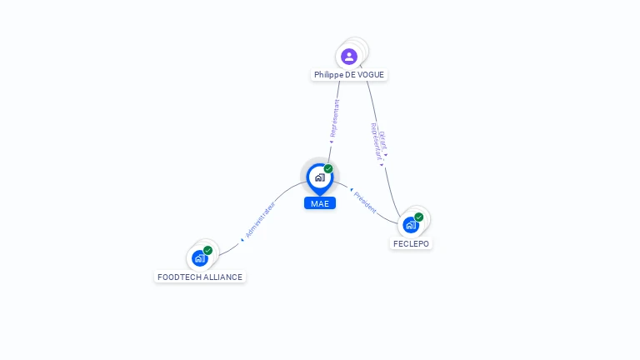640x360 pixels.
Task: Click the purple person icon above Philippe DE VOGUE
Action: [x=349, y=57]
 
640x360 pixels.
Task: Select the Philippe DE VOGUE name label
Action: [x=349, y=75]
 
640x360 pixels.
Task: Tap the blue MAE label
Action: [x=320, y=203]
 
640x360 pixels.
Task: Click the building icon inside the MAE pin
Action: [x=319, y=177]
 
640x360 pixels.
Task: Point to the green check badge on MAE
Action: [x=328, y=168]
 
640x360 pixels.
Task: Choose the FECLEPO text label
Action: [x=412, y=244]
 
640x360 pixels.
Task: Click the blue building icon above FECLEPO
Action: [x=410, y=225]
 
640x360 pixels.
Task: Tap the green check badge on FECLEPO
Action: [x=419, y=217]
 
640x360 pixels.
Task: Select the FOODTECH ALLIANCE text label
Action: [x=200, y=277]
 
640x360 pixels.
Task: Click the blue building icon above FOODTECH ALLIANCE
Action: [x=199, y=258]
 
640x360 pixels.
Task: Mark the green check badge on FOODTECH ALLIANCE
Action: [x=207, y=250]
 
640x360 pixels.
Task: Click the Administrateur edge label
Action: [x=261, y=219]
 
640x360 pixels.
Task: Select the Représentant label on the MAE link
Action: [x=335, y=118]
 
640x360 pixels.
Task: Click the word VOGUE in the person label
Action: [x=371, y=75]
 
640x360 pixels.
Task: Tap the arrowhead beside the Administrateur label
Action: [x=242, y=239]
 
